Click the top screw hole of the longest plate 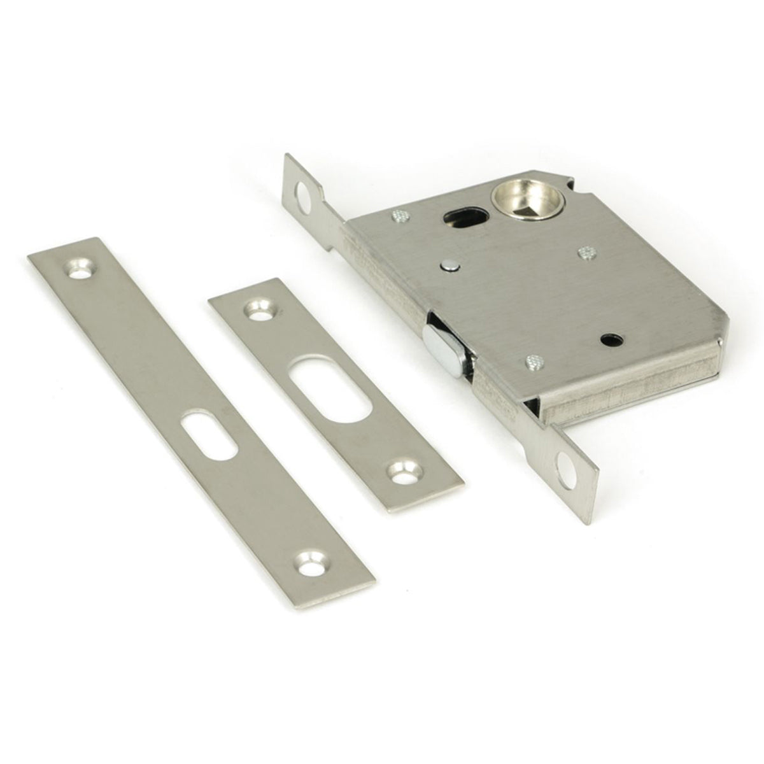point(81,270)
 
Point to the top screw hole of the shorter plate point(258,310)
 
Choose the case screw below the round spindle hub point(586,254)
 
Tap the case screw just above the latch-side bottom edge point(535,362)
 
